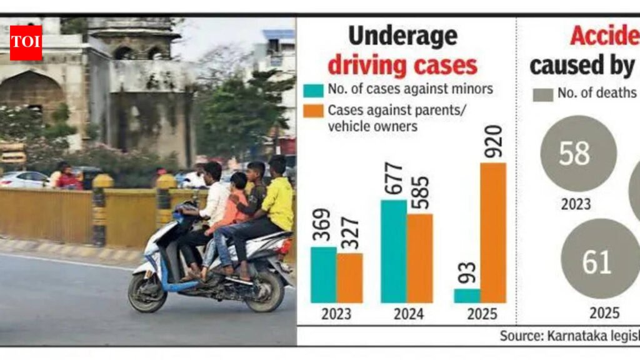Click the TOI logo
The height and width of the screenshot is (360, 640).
(x=26, y=42)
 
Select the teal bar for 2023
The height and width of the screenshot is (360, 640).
(x=323, y=274)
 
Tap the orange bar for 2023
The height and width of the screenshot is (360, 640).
(x=349, y=277)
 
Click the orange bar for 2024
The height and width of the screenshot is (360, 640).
(x=419, y=258)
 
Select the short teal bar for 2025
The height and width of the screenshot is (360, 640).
(x=467, y=296)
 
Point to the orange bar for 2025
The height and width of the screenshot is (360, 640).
(x=493, y=232)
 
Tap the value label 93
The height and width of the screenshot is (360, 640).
(x=467, y=272)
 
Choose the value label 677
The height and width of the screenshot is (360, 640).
(x=393, y=179)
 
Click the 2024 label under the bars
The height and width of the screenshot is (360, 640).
(x=408, y=314)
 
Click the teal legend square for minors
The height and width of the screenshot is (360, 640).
(x=313, y=90)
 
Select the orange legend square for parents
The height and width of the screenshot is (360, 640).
(x=313, y=111)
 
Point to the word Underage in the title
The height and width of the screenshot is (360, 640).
(x=403, y=36)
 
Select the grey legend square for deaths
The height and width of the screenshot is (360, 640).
(x=543, y=94)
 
